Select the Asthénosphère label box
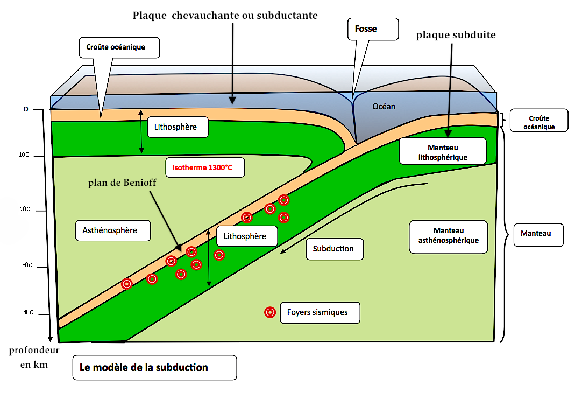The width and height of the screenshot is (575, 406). pyautogui.click(x=110, y=230)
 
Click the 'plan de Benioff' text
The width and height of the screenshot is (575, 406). pyautogui.click(x=123, y=183)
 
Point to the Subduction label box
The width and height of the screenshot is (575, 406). pyautogui.click(x=333, y=249)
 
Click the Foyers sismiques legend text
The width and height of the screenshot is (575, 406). pyautogui.click(x=317, y=312)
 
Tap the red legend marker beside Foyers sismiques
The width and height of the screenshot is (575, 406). pyautogui.click(x=270, y=312)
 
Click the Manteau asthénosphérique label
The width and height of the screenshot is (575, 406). pyautogui.click(x=448, y=236)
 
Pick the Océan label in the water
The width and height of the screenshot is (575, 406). pyautogui.click(x=384, y=107)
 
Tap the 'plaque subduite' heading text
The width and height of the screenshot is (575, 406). pyautogui.click(x=456, y=35)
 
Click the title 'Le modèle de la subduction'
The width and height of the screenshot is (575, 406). pyautogui.click(x=144, y=368)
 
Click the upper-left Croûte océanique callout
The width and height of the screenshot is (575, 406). pyautogui.click(x=119, y=47)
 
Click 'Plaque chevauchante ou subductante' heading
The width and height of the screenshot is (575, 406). pyautogui.click(x=225, y=16)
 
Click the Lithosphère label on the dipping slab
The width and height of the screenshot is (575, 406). pyautogui.click(x=245, y=236)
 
